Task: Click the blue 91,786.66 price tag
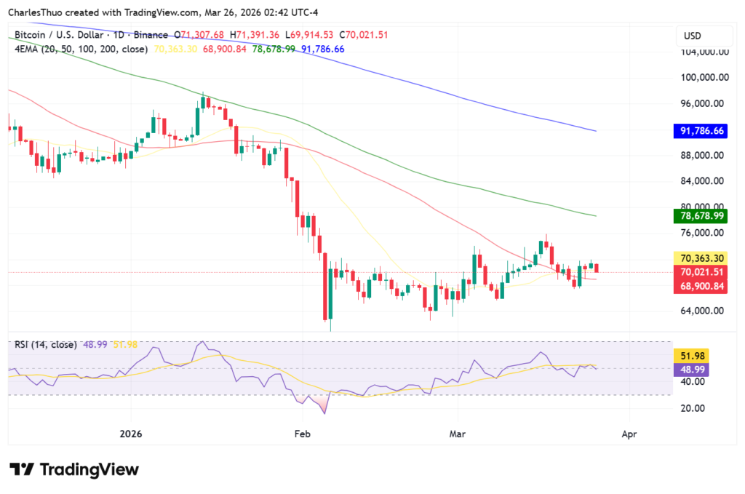702,131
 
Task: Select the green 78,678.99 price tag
702,216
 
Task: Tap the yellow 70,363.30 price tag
702,258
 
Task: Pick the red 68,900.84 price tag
702,286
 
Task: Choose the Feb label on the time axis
302,434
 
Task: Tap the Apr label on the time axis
629,434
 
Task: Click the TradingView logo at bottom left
73,469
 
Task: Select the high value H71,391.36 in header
255,35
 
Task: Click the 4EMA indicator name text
26,49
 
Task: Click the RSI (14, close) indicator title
45,344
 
